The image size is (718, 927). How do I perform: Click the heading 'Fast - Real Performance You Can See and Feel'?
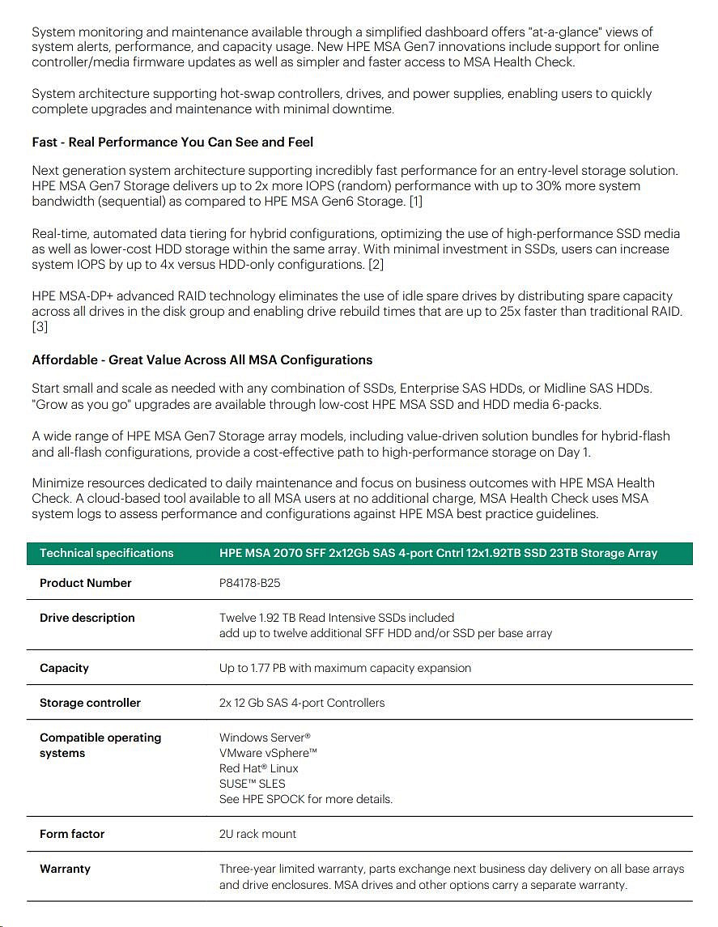172,142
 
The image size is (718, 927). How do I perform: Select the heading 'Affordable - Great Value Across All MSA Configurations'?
202,360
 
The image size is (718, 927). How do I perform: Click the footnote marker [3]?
40,327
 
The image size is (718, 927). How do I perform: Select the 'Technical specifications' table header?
107,554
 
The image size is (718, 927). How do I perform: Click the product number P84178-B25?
249,583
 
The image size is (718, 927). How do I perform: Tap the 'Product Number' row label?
85,583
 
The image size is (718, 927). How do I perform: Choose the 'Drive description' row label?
87,618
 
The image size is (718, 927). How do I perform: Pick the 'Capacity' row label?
64,668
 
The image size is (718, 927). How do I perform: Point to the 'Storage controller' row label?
90,703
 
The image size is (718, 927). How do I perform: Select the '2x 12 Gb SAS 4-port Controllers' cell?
302,703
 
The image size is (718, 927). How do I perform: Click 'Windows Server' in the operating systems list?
265,738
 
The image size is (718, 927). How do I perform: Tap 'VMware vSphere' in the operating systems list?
268,753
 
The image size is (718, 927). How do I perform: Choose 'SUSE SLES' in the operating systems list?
252,784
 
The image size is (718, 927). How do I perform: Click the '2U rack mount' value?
257,834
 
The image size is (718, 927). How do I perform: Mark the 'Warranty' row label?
65,869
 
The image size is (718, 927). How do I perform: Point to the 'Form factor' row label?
72,834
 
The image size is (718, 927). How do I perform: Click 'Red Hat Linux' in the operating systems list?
258,768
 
